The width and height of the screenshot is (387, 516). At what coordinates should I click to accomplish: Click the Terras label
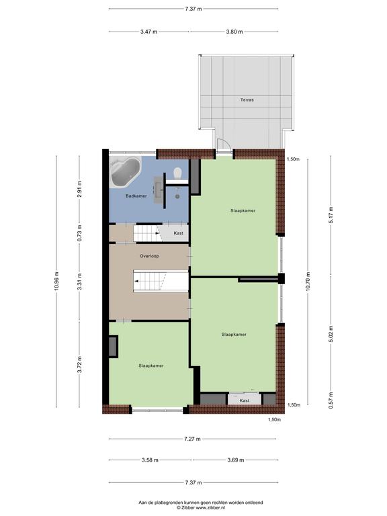point(247,99)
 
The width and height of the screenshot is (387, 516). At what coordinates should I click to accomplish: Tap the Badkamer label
point(136,196)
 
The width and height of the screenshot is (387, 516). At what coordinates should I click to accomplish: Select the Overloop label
point(149,256)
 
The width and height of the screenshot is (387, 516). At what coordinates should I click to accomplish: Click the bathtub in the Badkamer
point(126,172)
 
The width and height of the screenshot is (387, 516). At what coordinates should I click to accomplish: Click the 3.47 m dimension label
point(148,32)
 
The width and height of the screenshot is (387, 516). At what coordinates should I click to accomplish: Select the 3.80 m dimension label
point(234,32)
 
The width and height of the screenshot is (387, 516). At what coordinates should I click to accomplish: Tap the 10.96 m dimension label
point(56,281)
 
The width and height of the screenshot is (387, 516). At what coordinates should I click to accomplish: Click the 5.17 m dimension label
point(331,215)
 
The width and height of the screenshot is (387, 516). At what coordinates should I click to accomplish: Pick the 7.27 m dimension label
point(192,439)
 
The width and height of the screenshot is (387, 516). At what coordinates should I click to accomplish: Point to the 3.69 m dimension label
point(236,460)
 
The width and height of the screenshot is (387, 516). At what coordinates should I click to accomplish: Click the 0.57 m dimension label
point(331,400)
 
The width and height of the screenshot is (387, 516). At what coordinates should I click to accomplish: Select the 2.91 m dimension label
point(79,189)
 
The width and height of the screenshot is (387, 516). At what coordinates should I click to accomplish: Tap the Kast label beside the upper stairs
point(178,233)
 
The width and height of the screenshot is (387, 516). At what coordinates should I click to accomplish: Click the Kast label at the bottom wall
point(245,400)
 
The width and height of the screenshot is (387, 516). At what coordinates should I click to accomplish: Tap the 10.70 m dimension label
point(308,282)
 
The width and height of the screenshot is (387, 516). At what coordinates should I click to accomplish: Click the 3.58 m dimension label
point(150,460)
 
